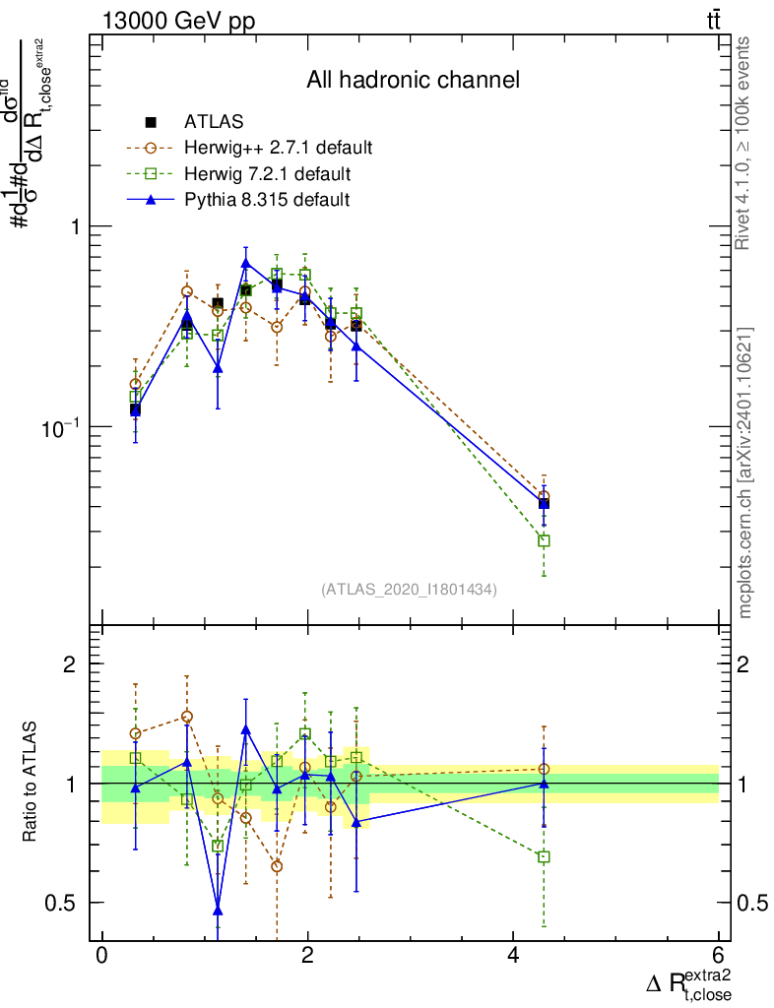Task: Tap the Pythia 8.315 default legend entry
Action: (x=267, y=200)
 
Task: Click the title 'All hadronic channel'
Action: (x=413, y=80)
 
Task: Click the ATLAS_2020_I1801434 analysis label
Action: (x=409, y=589)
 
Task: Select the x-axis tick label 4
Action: (x=514, y=956)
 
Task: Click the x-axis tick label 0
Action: (x=101, y=956)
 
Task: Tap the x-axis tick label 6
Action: (x=719, y=956)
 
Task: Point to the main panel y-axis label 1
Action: (x=75, y=226)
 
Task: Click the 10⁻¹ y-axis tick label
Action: (x=61, y=427)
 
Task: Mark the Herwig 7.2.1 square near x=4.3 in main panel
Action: (x=544, y=540)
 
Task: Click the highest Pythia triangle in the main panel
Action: (x=246, y=263)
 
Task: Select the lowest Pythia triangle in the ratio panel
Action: (x=218, y=910)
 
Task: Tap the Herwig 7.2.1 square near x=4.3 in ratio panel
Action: (x=544, y=856)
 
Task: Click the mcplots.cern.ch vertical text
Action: (x=745, y=472)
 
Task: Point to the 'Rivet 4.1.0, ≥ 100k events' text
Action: (x=744, y=143)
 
